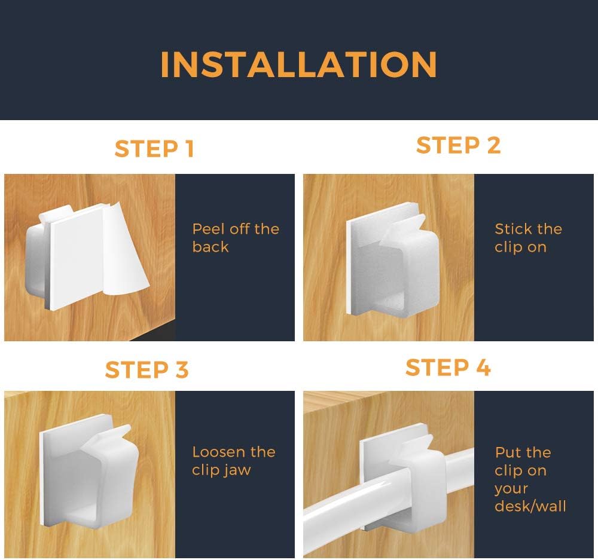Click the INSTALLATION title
(298, 65)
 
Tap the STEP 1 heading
(154, 149)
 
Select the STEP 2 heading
(458, 145)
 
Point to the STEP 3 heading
(147, 370)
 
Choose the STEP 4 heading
(448, 368)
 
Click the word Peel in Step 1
(208, 229)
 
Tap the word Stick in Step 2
(512, 229)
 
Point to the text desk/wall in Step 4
(530, 506)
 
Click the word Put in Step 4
(507, 452)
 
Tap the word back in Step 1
(210, 247)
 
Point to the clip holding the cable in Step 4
(404, 476)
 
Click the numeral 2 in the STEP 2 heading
(493, 145)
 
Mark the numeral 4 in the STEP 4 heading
(483, 368)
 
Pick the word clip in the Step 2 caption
(507, 247)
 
